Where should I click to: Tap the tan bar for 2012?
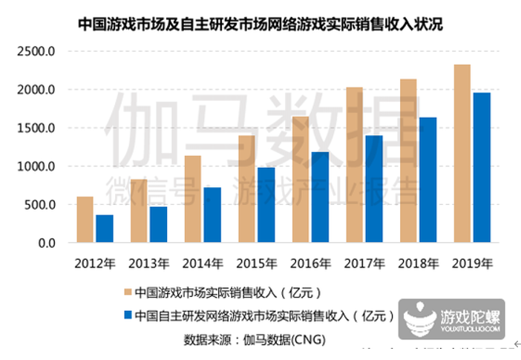pyautogui.click(x=85, y=220)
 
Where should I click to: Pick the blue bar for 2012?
pyautogui.click(x=105, y=229)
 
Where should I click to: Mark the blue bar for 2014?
pyautogui.click(x=212, y=215)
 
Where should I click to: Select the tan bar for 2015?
pyautogui.click(x=246, y=189)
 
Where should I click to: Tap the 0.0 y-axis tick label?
pyautogui.click(x=46, y=243)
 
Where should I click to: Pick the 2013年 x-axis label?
pyautogui.click(x=148, y=263)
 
